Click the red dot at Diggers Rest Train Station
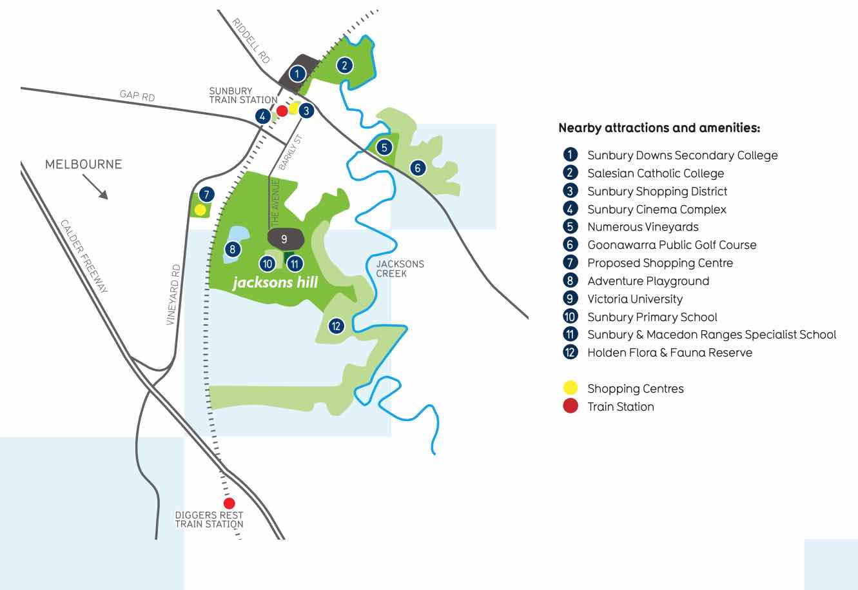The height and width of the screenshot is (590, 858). click(x=228, y=503)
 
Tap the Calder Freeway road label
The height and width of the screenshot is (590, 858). click(x=84, y=256)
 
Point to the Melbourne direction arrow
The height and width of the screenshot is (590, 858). click(x=95, y=188)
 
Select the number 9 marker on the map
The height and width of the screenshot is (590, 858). click(x=284, y=238)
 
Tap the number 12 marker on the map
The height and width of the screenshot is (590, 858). click(x=336, y=326)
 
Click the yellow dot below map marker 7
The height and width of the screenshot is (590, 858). click(x=200, y=210)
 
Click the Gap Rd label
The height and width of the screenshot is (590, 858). click(x=137, y=96)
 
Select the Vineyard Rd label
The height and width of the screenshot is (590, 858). click(x=172, y=294)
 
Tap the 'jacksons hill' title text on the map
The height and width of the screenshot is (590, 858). click(x=275, y=283)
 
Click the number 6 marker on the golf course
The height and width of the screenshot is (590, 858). click(x=418, y=168)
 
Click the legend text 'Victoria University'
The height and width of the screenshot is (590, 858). click(x=634, y=299)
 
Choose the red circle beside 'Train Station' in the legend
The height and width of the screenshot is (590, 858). click(x=570, y=406)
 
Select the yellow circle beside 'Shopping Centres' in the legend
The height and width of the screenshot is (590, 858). click(x=570, y=388)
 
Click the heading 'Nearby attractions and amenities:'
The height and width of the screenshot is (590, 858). click(x=659, y=128)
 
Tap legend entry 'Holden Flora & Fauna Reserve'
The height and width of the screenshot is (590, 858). click(x=669, y=352)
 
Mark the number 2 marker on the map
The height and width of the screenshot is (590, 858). click(x=345, y=64)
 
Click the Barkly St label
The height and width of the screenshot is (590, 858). click(x=290, y=152)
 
